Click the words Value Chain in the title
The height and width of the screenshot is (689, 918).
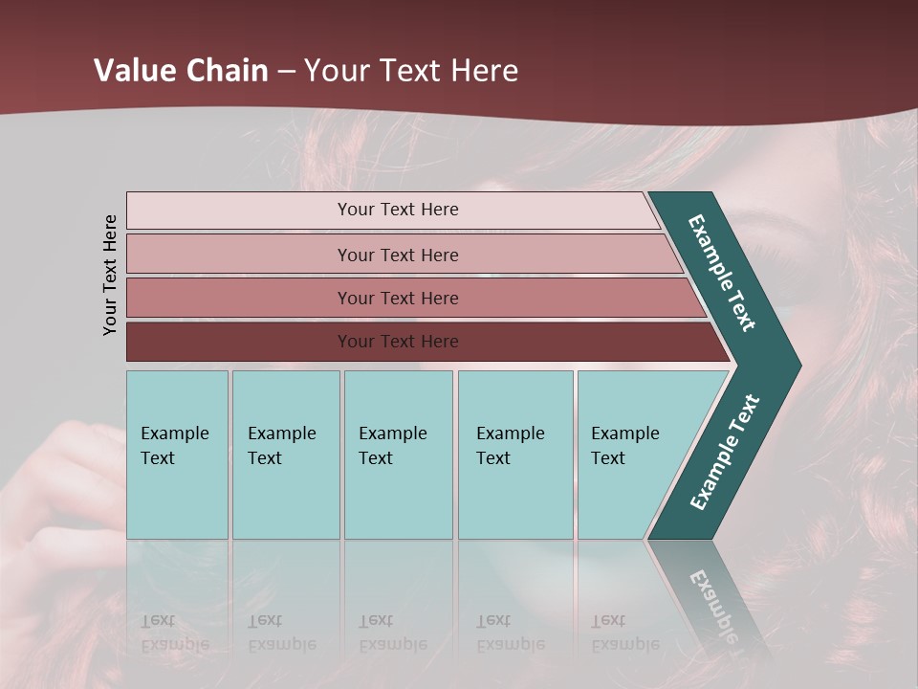click(181, 71)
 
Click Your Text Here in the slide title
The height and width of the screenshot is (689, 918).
click(411, 71)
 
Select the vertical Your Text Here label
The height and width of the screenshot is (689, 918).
click(111, 275)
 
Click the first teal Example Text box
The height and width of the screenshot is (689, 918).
click(177, 455)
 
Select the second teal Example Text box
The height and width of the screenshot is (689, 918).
click(285, 455)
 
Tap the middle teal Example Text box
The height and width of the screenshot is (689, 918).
click(398, 455)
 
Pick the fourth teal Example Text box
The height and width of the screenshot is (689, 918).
click(514, 455)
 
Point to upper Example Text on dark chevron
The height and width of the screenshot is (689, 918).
click(722, 273)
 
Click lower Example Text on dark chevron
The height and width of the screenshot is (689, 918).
click(724, 453)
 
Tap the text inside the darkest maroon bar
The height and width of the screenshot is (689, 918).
click(398, 342)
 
